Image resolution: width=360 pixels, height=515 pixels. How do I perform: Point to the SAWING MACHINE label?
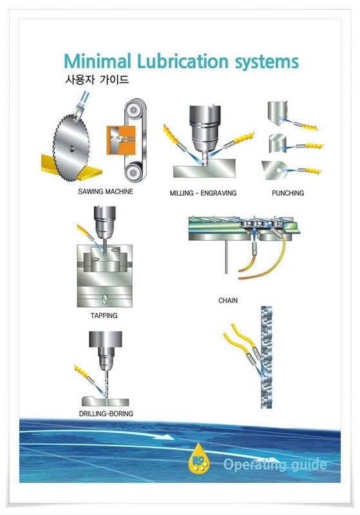(105, 192)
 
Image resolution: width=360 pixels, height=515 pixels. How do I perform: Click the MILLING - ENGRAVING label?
(203, 192)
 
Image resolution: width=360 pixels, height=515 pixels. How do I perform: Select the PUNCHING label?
(288, 192)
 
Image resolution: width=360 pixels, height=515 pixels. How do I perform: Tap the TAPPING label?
(104, 316)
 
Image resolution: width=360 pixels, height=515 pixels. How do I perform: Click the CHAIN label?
(228, 301)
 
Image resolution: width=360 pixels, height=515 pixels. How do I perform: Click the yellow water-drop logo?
(197, 460)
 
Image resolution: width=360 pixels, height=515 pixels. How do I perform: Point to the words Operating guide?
(275, 465)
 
